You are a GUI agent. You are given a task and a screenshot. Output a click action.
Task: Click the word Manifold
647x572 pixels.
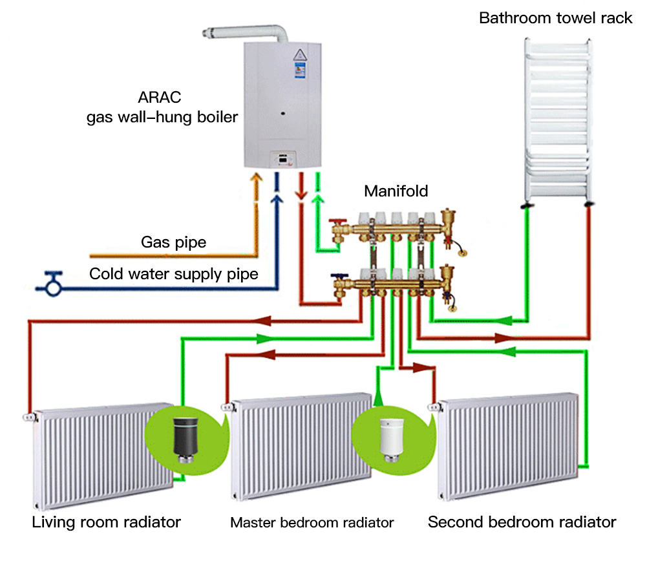(396, 191)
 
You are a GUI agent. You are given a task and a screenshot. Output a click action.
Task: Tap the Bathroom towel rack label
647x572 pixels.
(555, 17)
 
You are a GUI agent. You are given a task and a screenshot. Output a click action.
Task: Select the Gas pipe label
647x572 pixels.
(173, 243)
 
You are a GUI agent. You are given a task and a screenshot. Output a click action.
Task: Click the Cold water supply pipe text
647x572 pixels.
(173, 274)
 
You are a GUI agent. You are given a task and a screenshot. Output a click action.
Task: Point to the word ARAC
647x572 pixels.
(160, 99)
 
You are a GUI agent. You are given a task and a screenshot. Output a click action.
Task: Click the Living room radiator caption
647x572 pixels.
(106, 522)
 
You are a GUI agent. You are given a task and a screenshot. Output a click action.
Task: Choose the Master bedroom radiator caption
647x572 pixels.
(312, 522)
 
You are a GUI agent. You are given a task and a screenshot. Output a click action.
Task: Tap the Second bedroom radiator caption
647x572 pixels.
(522, 522)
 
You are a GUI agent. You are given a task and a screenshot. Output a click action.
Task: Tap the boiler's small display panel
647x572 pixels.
(284, 157)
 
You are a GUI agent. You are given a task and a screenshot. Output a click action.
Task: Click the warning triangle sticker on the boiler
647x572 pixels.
(301, 54)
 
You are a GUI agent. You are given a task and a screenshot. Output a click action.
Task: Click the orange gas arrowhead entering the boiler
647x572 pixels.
(257, 178)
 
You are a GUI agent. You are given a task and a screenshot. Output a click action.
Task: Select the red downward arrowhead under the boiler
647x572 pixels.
(301, 195)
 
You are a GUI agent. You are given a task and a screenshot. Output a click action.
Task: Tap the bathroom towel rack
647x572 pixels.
(557, 120)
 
